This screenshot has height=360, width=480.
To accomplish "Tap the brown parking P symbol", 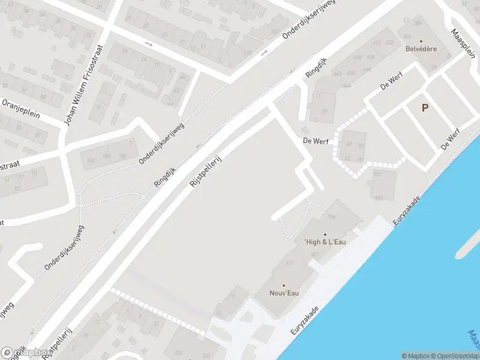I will click(425, 108).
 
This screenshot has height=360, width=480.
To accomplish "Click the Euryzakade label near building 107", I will click(406, 211).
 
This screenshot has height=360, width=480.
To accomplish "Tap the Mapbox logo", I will click(25, 352).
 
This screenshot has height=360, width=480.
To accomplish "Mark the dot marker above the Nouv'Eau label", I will click(284, 286).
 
